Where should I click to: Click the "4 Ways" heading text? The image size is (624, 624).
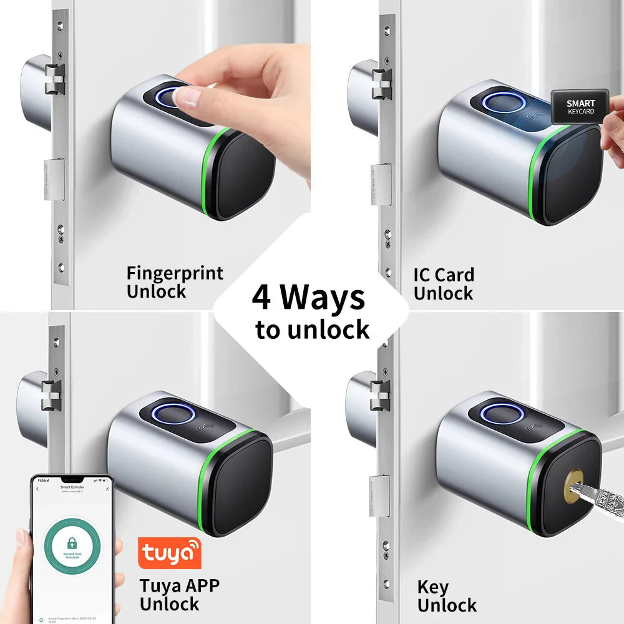(308, 298)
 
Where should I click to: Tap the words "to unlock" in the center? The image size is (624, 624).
(312, 329)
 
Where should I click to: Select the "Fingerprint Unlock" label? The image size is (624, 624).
(174, 282)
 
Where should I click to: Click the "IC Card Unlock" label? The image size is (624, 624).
(444, 283)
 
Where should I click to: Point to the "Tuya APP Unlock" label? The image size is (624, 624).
(179, 595)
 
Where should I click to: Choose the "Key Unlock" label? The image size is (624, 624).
(446, 596)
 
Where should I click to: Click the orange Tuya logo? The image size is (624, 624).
(169, 553)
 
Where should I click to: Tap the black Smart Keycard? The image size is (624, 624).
(580, 107)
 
